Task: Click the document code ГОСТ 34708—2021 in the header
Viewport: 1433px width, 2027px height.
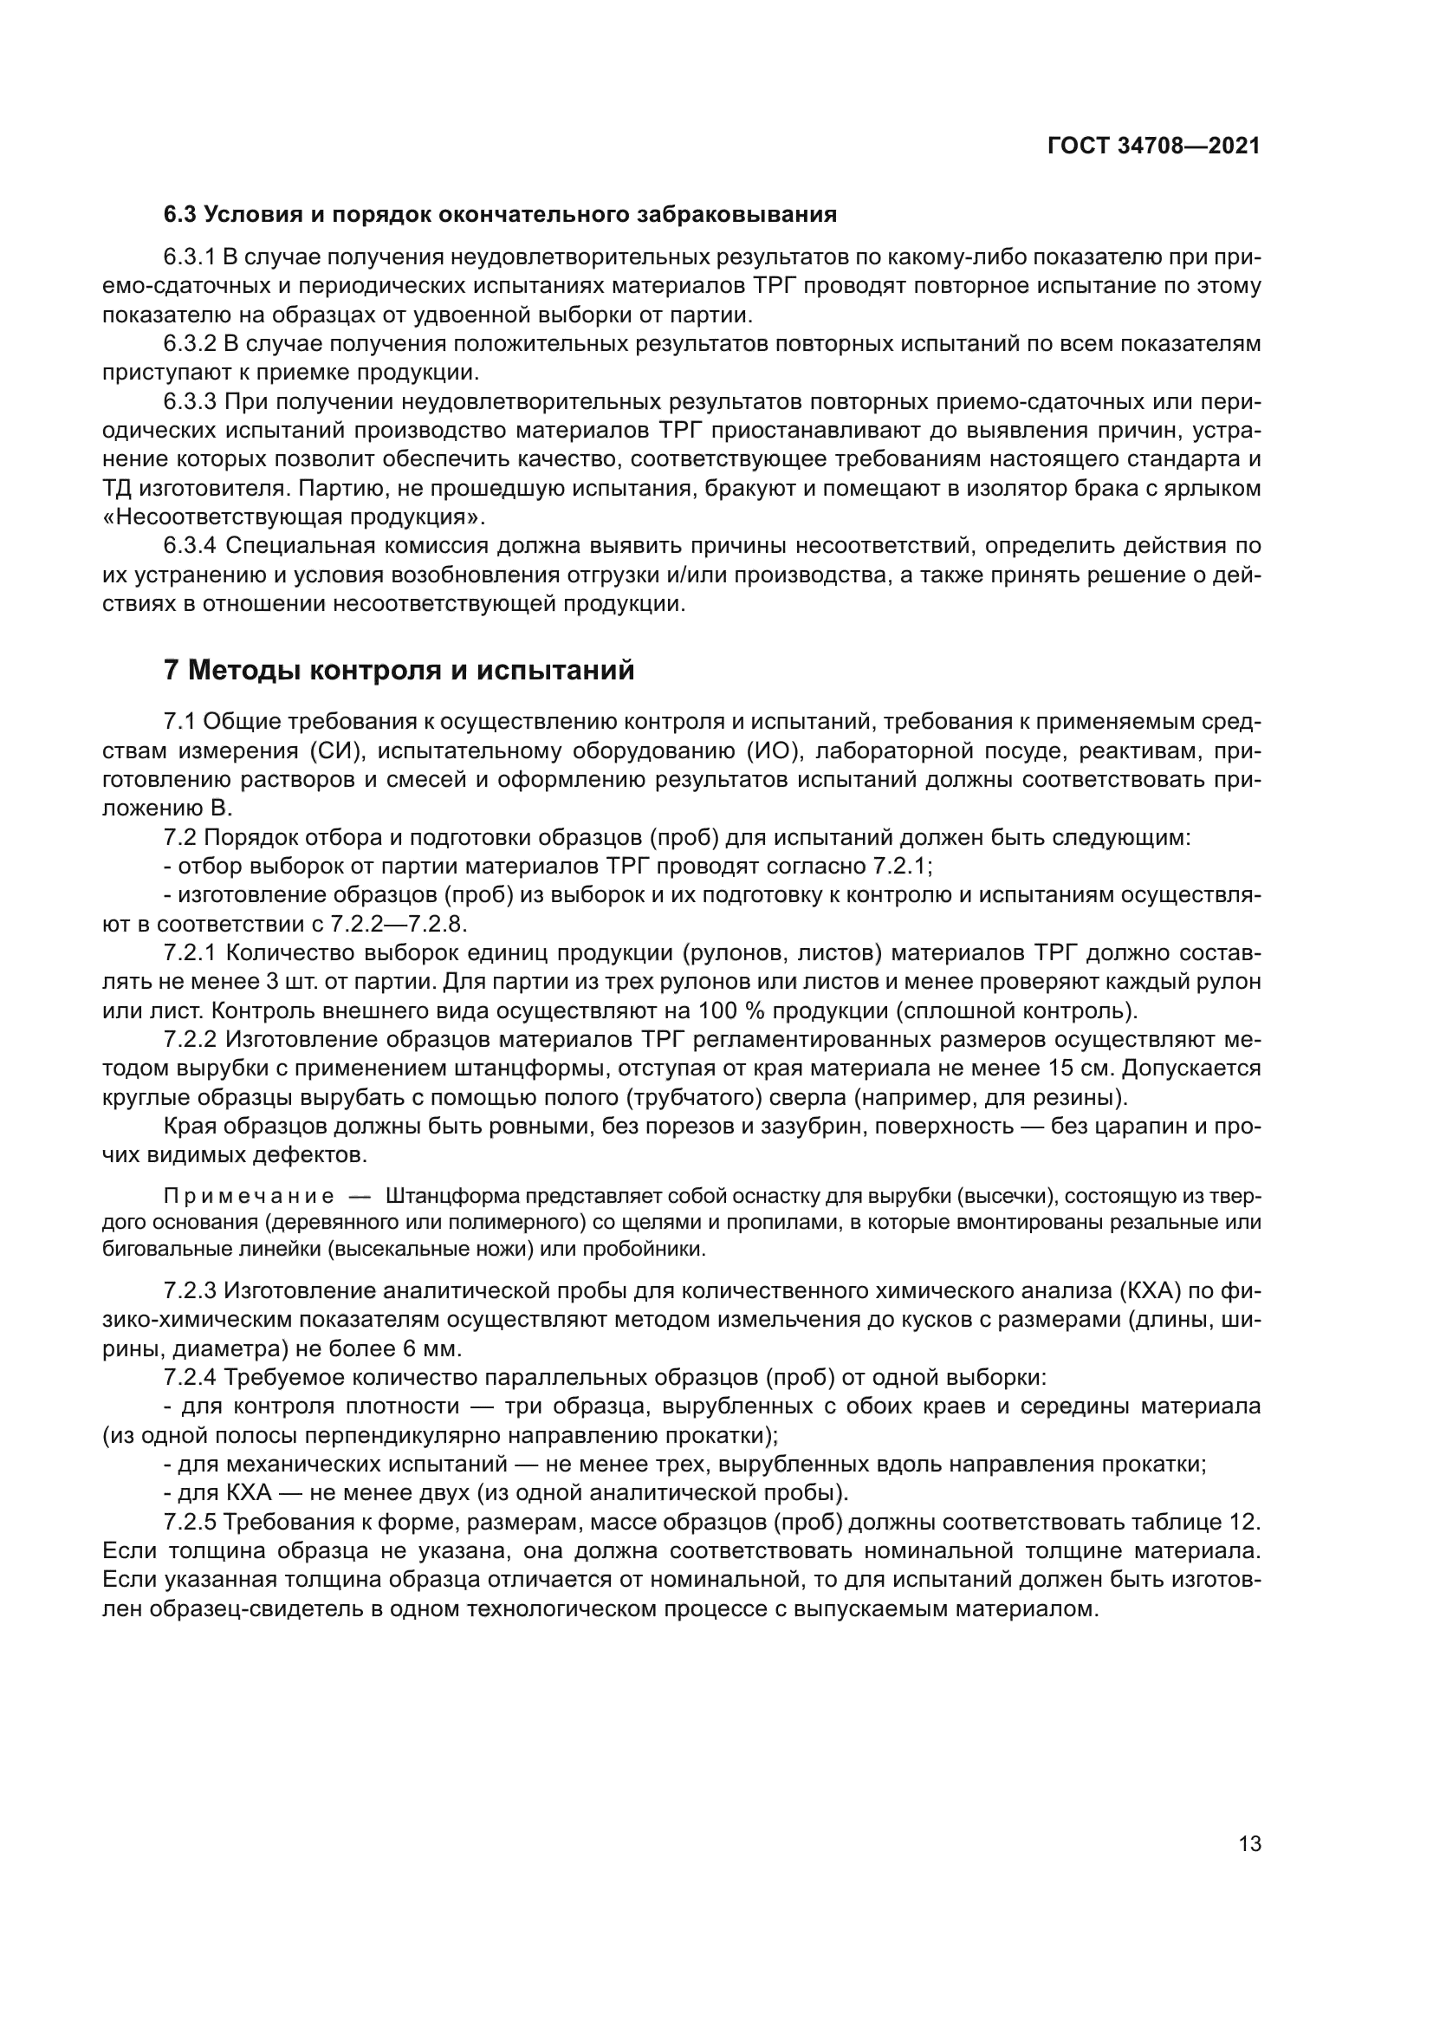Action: [1153, 146]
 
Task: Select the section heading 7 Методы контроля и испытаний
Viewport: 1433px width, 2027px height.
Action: [399, 670]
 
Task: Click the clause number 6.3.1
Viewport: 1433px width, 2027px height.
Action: [190, 257]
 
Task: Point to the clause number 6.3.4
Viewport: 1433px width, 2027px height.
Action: [190, 546]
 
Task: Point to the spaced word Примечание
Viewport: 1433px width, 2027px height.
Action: [249, 1196]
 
